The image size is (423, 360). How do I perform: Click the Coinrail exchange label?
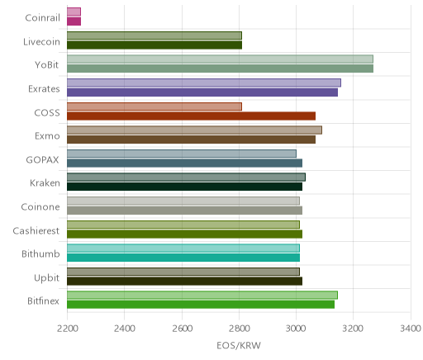tap(42, 18)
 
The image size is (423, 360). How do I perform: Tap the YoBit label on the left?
tap(47, 65)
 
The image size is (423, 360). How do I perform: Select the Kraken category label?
tap(45, 183)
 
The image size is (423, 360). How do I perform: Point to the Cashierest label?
tap(36, 230)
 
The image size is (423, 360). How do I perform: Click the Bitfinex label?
tap(43, 301)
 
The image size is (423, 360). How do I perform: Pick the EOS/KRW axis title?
tap(239, 345)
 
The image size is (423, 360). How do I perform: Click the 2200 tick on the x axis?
tap(67, 329)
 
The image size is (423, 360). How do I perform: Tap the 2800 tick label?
tap(240, 329)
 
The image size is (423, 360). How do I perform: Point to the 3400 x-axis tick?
tap(411, 329)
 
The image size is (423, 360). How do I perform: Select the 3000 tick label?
tap(297, 329)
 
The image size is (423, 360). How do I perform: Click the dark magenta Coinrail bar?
tap(74, 21)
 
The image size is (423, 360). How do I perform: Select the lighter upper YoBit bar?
tap(220, 59)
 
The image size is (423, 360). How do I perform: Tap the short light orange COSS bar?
tap(154, 107)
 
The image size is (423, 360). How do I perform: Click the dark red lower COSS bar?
tap(191, 116)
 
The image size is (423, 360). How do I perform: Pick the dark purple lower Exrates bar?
tap(202, 92)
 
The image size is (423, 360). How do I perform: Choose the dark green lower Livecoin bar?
tap(154, 45)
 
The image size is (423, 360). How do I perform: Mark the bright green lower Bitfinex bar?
tap(201, 305)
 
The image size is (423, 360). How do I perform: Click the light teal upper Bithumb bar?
tap(183, 248)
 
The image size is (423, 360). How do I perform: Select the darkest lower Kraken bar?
tap(184, 187)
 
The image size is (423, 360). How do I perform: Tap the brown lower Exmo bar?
tap(191, 140)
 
